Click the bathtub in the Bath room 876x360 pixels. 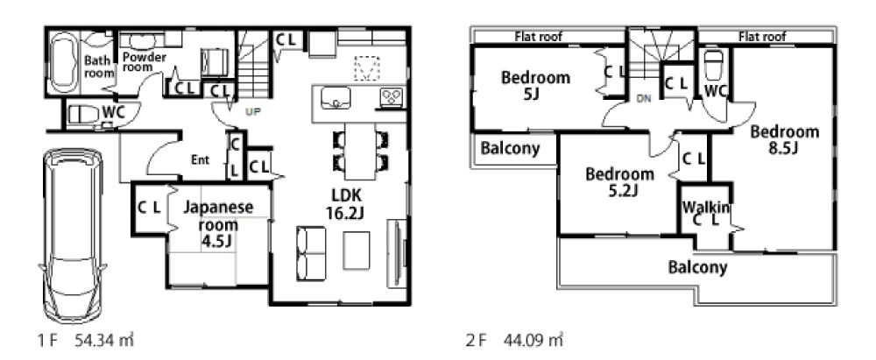coord(63,62)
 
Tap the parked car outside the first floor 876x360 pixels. coord(73,235)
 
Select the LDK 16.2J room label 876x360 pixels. coord(346,203)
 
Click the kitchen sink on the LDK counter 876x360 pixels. coord(336,98)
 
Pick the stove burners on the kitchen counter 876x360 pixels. coord(391,98)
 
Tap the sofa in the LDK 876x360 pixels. coord(311,253)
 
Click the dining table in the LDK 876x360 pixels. coord(360,151)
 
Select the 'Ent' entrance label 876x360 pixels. coord(200,160)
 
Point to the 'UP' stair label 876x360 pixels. coord(253,111)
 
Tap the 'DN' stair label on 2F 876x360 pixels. coord(644,99)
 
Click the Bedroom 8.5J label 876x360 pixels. coord(784,140)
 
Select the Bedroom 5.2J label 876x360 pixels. coord(619,182)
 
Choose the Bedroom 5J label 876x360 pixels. coord(535,86)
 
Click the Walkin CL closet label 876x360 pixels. coord(706,213)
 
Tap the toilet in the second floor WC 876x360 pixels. coord(714,66)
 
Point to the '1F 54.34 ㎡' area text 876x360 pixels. coord(86,339)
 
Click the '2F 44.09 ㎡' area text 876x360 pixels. coord(514,339)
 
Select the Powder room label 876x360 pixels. coord(145,61)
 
